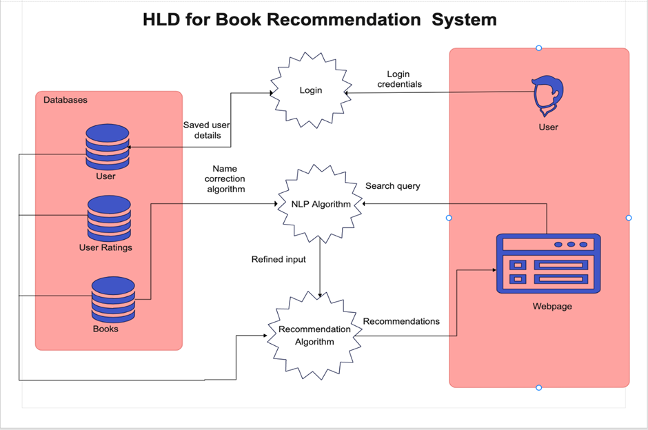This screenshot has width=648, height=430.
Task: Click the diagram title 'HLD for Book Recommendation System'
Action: pyautogui.click(x=319, y=19)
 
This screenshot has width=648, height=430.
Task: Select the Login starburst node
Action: pyautogui.click(x=310, y=90)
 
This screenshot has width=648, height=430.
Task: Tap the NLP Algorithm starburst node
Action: pyautogui.click(x=320, y=204)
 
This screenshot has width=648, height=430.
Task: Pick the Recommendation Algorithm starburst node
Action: pyautogui.click(x=314, y=335)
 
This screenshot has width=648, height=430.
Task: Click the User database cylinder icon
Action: pyautogui.click(x=107, y=146)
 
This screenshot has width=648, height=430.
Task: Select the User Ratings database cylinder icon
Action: pyautogui.click(x=109, y=217)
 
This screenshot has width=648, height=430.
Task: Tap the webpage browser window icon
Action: pyautogui.click(x=548, y=263)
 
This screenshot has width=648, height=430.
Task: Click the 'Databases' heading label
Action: pyautogui.click(x=65, y=100)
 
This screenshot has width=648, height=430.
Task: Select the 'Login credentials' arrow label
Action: pyautogui.click(x=399, y=79)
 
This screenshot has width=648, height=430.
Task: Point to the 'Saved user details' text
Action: pyautogui.click(x=206, y=130)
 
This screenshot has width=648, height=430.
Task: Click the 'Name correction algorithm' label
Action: pyautogui.click(x=225, y=178)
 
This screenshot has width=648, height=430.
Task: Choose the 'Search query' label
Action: pyautogui.click(x=392, y=186)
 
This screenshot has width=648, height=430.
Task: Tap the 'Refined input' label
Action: pyautogui.click(x=279, y=259)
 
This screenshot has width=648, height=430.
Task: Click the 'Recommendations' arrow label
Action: pyautogui.click(x=401, y=321)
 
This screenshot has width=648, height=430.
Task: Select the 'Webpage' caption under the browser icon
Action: pyautogui.click(x=552, y=307)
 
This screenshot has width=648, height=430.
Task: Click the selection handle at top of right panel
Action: pyautogui.click(x=539, y=48)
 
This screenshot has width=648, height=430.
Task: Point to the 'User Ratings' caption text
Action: pyautogui.click(x=105, y=247)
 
